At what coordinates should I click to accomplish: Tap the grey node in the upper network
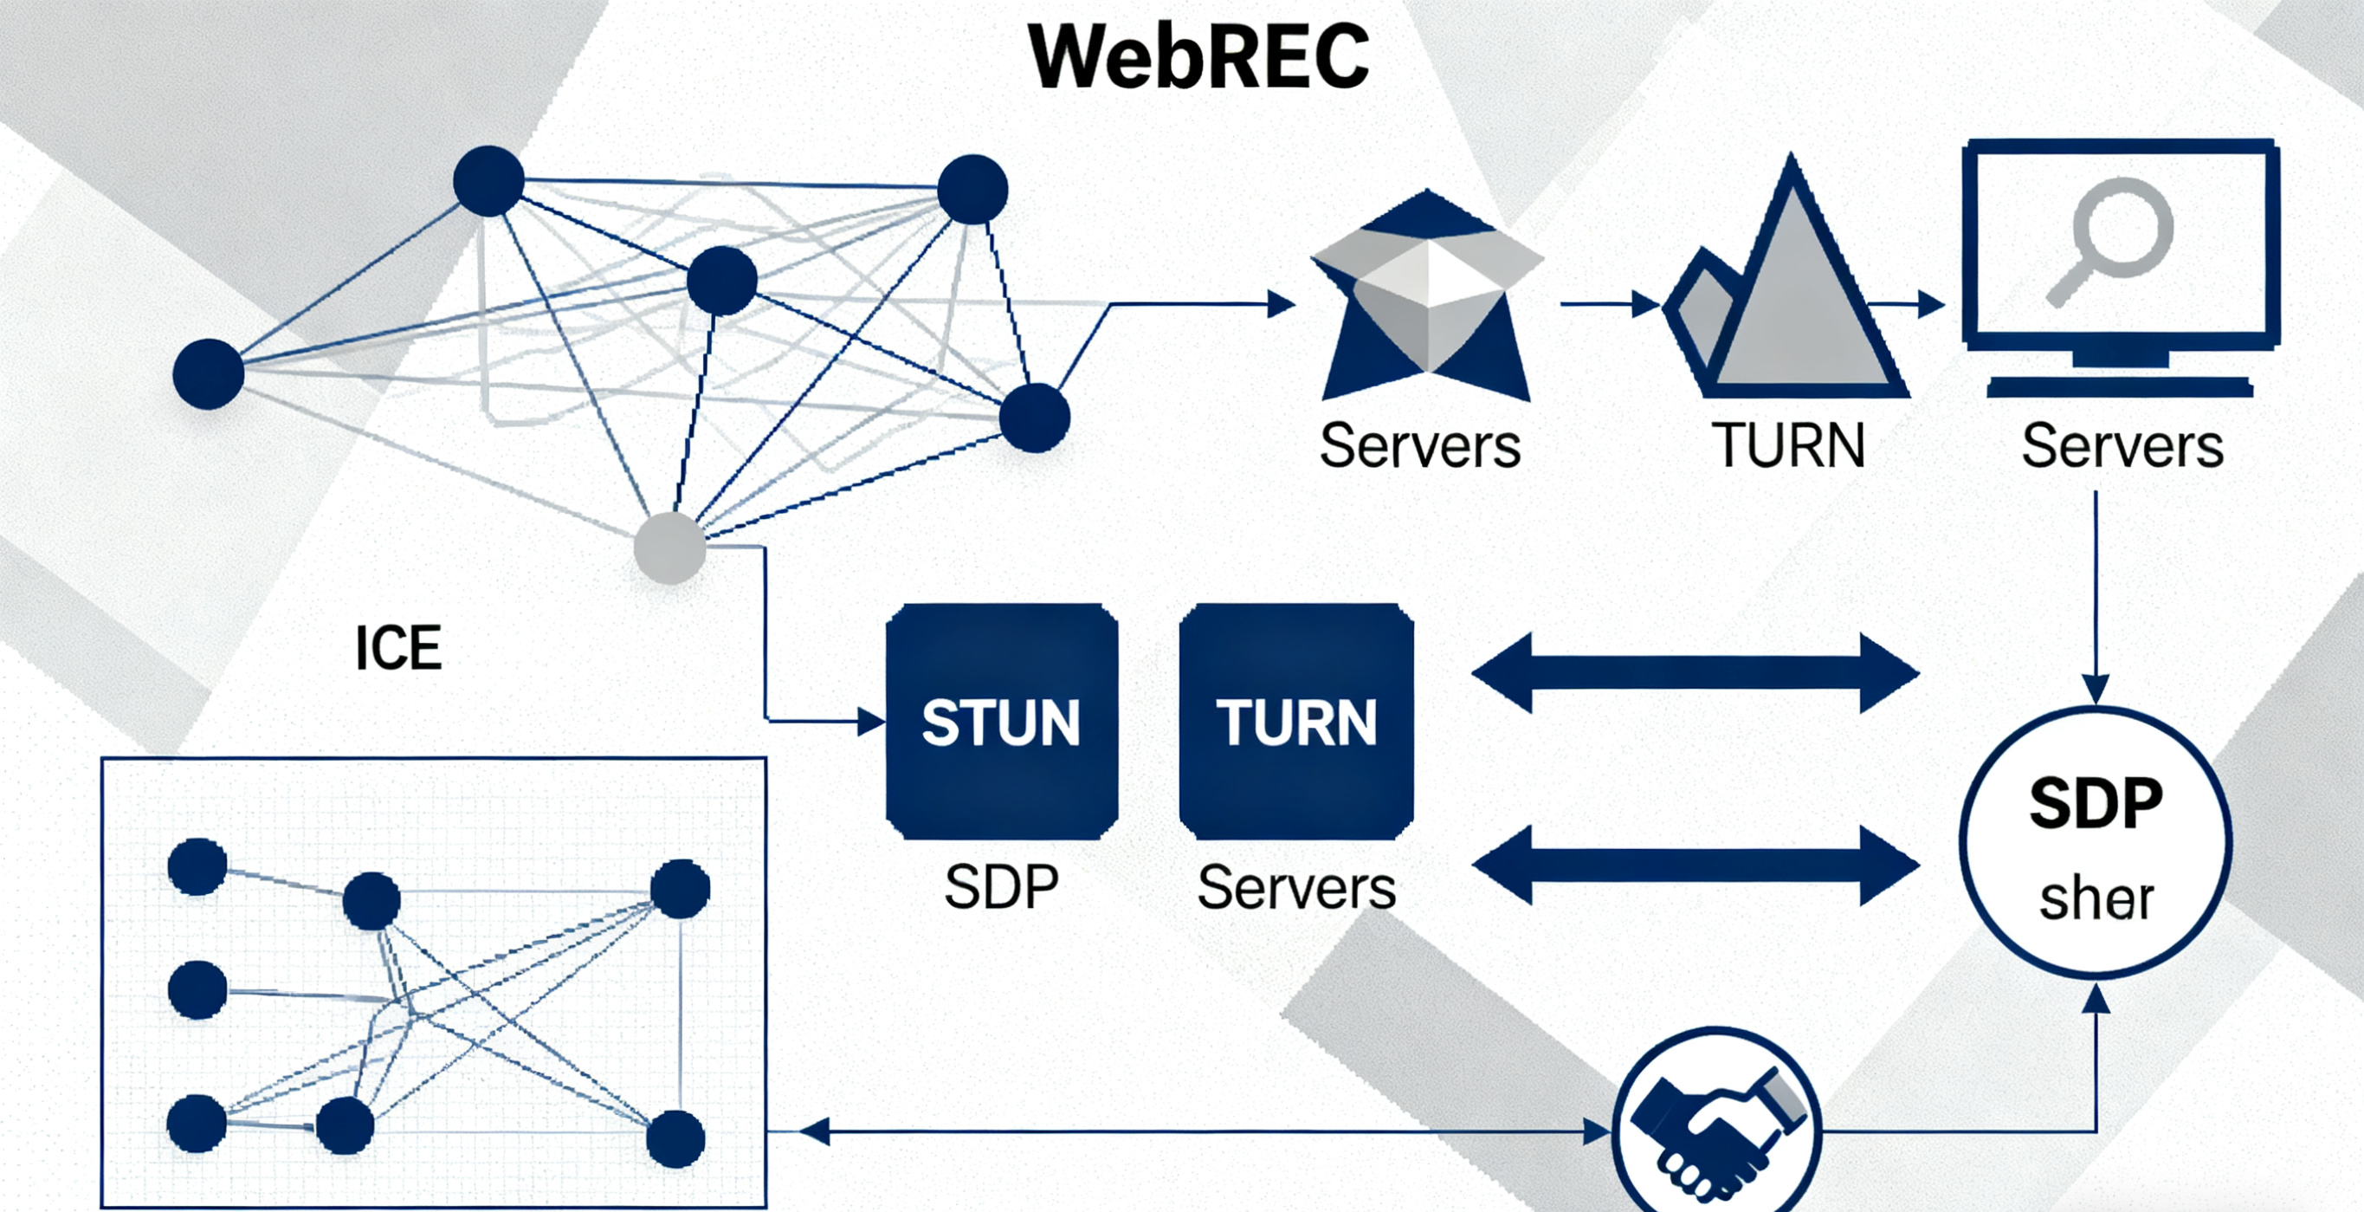point(670,548)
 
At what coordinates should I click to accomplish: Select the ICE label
point(398,648)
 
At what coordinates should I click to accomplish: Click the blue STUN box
point(1001,722)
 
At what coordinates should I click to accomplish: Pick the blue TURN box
point(1295,722)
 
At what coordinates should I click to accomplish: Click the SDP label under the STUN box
point(1001,888)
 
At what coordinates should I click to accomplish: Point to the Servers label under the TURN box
point(1295,888)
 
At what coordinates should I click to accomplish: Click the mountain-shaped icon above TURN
point(1785,294)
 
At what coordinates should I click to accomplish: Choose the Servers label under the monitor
point(2122,446)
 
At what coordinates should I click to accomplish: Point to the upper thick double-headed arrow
point(1695,673)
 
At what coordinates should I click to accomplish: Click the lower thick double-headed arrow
point(1695,865)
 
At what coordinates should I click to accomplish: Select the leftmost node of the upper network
point(209,373)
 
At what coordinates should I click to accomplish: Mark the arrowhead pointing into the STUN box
point(871,722)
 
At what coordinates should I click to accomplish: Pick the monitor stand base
point(2120,388)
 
